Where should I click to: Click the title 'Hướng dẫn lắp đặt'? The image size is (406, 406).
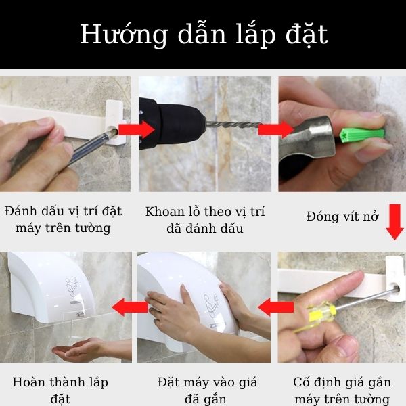(203, 35)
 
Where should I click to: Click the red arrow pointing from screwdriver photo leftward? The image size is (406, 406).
(275, 309)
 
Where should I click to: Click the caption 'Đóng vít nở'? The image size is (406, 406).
(342, 217)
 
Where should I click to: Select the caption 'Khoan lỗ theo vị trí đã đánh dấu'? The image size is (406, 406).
(204, 219)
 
